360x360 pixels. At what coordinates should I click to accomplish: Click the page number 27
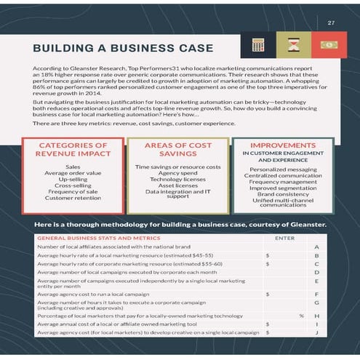(331, 23)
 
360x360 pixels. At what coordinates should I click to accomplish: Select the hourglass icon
(291, 46)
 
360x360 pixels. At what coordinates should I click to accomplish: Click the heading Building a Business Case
(123, 49)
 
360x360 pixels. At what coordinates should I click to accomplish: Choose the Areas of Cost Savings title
(178, 150)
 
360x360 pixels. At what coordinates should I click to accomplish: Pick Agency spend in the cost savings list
(178, 173)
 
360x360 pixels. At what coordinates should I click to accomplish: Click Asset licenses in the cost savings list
(178, 185)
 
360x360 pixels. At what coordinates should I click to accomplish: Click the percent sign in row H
(301, 316)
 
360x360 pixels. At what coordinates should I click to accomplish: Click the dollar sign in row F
(268, 294)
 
